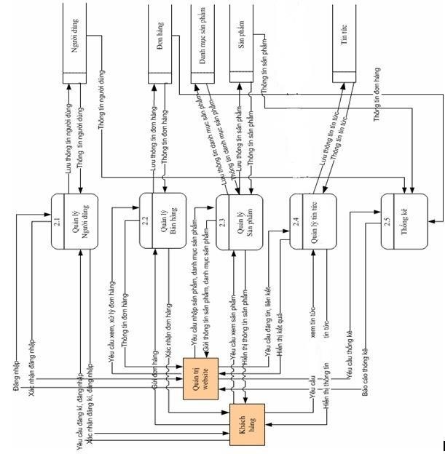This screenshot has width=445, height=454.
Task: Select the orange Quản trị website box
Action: (x=201, y=379)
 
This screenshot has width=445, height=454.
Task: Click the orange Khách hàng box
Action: (x=247, y=423)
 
